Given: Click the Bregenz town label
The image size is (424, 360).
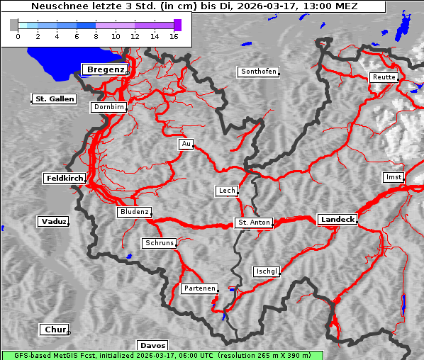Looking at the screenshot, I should point(105,69).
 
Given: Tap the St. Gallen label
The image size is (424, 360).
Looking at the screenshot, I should point(54,99).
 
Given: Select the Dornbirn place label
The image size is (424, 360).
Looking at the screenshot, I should point(108,108).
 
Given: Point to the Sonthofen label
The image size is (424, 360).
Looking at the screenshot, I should point(258,72).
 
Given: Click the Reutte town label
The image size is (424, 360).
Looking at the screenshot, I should point(384,77).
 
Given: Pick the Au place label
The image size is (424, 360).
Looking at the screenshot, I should point(186,144).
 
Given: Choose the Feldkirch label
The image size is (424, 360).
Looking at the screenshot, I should point(65,179).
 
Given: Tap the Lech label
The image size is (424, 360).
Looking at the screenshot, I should point(226,191).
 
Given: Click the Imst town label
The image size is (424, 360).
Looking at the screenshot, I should point(392,176).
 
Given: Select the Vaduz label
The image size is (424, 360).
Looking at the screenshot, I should point(53,222).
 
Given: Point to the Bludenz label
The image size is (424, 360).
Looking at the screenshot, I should point(134,212).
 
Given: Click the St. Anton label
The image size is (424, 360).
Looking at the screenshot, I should point(253,223).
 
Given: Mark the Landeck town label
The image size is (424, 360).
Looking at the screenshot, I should point(337,220).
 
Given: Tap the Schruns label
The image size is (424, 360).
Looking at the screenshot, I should point(159,243).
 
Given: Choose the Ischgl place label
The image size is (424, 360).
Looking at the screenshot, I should point(267,271).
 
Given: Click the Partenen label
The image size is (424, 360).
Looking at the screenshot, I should point(199,288).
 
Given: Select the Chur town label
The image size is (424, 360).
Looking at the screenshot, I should point(55,330).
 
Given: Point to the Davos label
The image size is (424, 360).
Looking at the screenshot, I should point(152,345).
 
